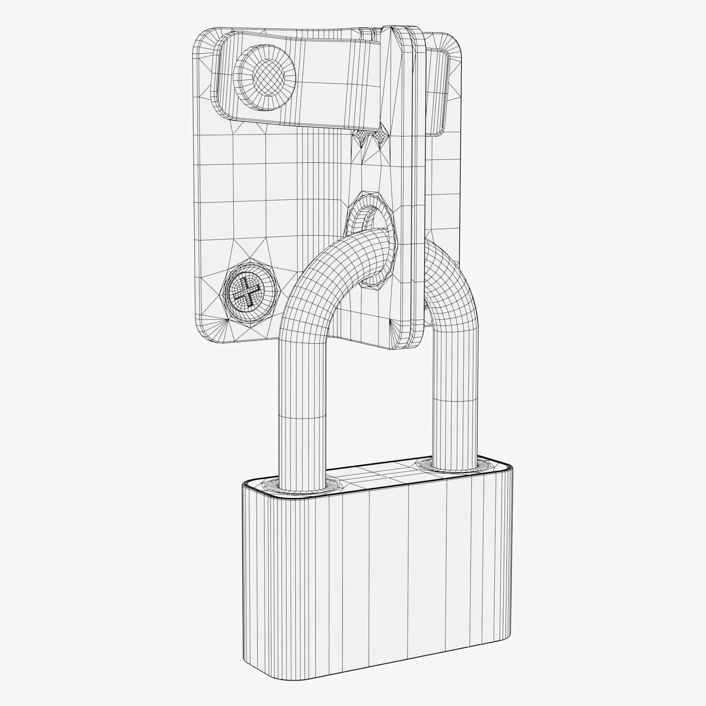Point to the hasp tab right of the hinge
pos(438,91)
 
